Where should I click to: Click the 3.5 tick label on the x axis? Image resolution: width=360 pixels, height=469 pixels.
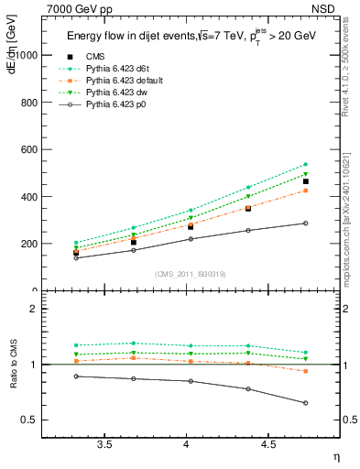coord(105,445)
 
